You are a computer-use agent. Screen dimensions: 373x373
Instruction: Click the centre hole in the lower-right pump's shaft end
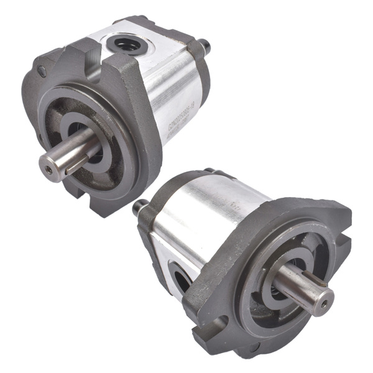[x=323, y=303]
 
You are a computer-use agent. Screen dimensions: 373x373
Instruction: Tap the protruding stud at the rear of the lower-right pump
[x=139, y=207]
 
